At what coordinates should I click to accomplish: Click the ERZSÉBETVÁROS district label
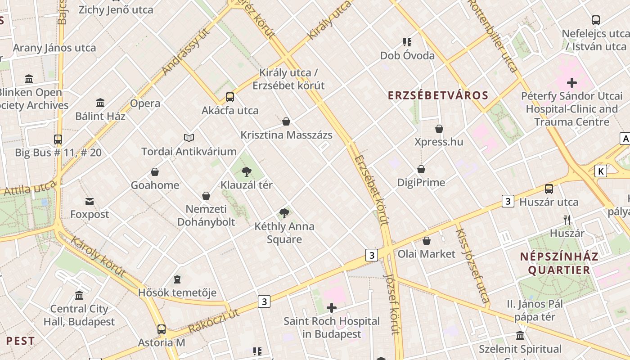pyautogui.click(x=438, y=95)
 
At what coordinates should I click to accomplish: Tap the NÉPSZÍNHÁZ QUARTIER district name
pyautogui.click(x=559, y=263)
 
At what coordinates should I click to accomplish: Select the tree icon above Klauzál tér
pyautogui.click(x=246, y=171)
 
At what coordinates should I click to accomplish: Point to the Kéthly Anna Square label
pyautogui.click(x=284, y=233)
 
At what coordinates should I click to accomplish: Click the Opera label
pyautogui.click(x=145, y=103)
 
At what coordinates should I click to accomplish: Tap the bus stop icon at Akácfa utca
pyautogui.click(x=229, y=97)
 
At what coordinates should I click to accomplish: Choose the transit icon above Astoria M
pyautogui.click(x=162, y=329)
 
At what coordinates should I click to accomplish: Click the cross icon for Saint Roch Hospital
pyautogui.click(x=332, y=308)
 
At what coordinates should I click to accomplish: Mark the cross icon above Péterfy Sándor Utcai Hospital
pyautogui.click(x=571, y=83)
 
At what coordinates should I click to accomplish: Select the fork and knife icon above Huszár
pyautogui.click(x=567, y=220)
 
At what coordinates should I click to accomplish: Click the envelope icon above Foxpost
pyautogui.click(x=90, y=201)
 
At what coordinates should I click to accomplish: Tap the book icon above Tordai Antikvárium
pyautogui.click(x=189, y=138)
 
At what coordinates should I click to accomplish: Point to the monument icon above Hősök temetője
pyautogui.click(x=177, y=279)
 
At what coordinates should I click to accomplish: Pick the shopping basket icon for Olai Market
pyautogui.click(x=427, y=241)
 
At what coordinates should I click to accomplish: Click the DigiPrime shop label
pyautogui.click(x=421, y=182)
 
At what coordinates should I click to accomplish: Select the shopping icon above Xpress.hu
pyautogui.click(x=439, y=129)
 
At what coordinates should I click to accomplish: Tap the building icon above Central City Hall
pyautogui.click(x=79, y=296)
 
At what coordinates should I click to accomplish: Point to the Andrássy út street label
pyautogui.click(x=186, y=51)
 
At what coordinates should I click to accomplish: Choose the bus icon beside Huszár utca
pyautogui.click(x=549, y=189)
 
